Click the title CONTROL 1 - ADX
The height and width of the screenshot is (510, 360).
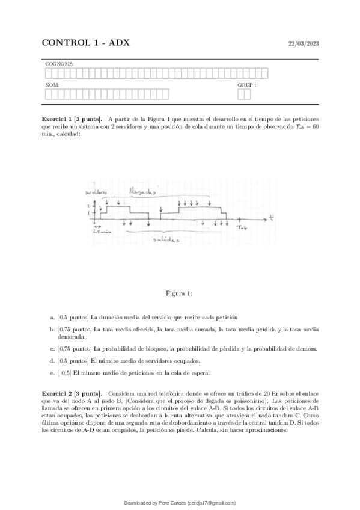pyautogui.click(x=85, y=43)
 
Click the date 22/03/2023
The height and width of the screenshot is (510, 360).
pyautogui.click(x=304, y=44)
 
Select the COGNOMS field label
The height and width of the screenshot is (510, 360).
pyautogui.click(x=56, y=63)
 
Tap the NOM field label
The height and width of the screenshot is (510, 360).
pyautogui.click(x=51, y=85)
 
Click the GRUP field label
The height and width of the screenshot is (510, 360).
pyautogui.click(x=246, y=85)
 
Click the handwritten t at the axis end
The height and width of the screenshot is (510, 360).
pyautogui.click(x=272, y=215)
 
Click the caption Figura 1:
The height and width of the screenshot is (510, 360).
pyautogui.click(x=180, y=293)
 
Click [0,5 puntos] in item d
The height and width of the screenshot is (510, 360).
pyautogui.click(x=73, y=361)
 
